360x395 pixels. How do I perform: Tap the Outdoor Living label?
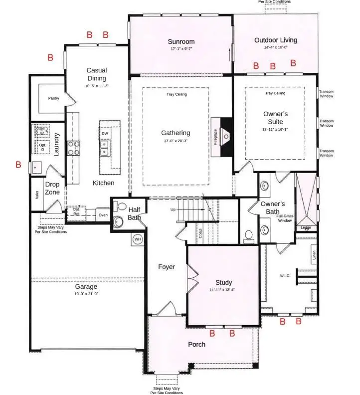coord(275,40)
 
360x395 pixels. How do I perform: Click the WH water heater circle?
coord(137,240)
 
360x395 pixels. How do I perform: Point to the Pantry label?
coord(53,98)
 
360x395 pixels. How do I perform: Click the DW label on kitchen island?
coord(105,134)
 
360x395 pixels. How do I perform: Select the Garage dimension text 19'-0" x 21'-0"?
coord(86,294)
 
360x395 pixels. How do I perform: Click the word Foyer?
coord(166,267)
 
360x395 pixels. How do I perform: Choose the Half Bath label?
coord(134,213)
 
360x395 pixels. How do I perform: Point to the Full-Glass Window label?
coord(285,218)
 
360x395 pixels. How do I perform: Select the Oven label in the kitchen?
coord(103,215)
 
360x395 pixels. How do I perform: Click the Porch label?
coord(196,345)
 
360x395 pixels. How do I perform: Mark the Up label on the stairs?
coord(173,210)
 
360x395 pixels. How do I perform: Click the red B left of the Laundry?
coord(18,165)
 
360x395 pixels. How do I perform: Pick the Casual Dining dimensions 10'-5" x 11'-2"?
coord(96,86)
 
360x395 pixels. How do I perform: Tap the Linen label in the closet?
coord(314,255)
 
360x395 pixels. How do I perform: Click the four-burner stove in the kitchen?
coord(73,148)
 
